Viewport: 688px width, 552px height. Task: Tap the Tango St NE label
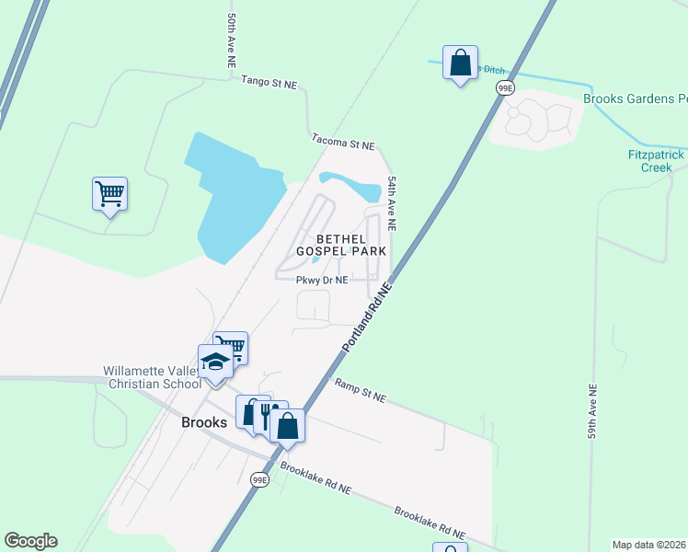[x=269, y=83]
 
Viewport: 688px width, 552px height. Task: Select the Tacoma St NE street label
[x=343, y=144]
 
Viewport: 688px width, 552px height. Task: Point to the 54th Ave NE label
[x=392, y=203]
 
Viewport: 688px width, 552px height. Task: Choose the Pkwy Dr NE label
[x=322, y=281]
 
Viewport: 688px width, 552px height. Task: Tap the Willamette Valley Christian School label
[x=151, y=377]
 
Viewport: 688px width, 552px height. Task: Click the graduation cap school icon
[x=215, y=361]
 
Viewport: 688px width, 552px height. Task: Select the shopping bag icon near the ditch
[x=460, y=63]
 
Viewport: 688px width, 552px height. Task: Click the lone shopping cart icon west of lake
[x=109, y=193]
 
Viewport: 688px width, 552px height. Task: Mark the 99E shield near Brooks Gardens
[x=504, y=87]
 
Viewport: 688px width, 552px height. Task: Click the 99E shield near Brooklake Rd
[x=260, y=479]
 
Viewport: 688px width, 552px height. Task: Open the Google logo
[x=30, y=541]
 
